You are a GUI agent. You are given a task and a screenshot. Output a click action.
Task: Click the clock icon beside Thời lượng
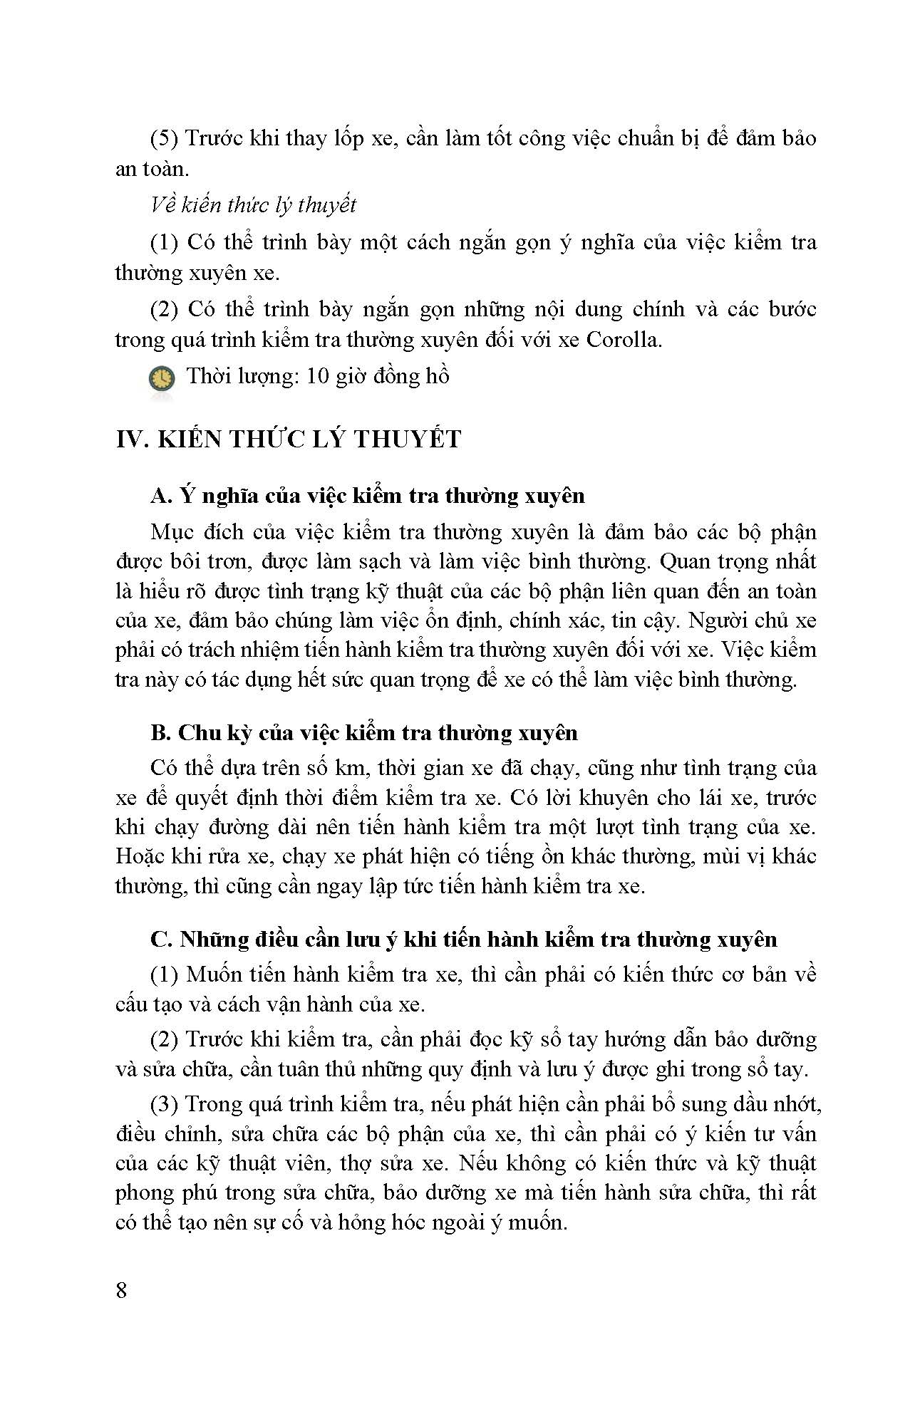tap(162, 378)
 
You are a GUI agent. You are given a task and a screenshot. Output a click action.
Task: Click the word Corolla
tap(624, 340)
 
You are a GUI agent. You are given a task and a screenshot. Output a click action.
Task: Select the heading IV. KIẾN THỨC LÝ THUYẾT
tap(289, 439)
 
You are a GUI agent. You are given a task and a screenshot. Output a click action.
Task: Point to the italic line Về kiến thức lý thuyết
tap(253, 205)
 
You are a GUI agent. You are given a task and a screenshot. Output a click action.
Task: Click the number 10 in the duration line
tap(317, 376)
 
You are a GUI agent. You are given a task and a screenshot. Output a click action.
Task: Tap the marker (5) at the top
tap(165, 138)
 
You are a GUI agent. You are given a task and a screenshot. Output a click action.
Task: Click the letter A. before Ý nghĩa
tap(161, 496)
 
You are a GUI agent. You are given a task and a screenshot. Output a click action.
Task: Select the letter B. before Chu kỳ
tap(161, 733)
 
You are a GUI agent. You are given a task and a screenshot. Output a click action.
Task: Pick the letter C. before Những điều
tap(162, 940)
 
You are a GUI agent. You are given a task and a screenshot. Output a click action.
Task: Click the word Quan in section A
tap(686, 562)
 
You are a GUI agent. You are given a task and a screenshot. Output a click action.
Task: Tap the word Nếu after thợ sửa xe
tap(477, 1163)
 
